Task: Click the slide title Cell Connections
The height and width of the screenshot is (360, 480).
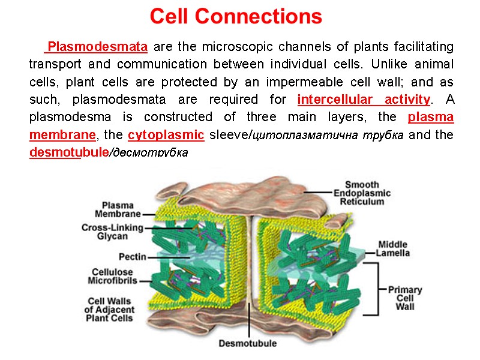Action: [236, 17]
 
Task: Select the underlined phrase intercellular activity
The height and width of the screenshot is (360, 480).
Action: [364, 99]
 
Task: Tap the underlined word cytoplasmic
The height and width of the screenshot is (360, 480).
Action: [166, 135]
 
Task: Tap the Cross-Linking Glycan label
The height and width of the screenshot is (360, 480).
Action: [113, 232]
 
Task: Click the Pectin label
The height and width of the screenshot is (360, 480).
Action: [132, 257]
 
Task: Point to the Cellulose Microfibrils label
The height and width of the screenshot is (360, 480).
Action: [113, 276]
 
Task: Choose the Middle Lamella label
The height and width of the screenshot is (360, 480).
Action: [392, 248]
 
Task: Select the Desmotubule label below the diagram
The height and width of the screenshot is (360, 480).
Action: [247, 344]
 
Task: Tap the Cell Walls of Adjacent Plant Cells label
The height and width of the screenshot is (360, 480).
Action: [109, 309]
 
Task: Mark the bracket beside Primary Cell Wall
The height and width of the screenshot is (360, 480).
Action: [376, 289]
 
